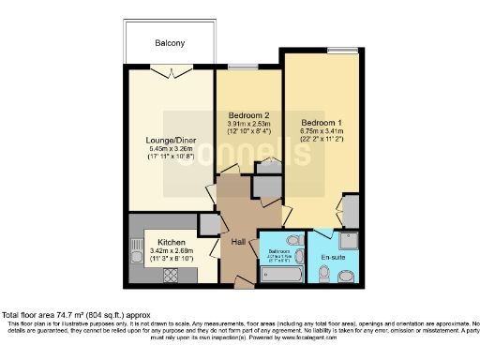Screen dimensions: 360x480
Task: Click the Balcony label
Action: [x=170, y=43]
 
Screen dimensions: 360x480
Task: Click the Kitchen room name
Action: [x=157, y=241]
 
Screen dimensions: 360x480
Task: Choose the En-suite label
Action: [x=332, y=256]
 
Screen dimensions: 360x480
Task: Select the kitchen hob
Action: [x=172, y=275]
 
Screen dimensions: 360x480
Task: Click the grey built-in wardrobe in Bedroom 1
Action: [x=352, y=212]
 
